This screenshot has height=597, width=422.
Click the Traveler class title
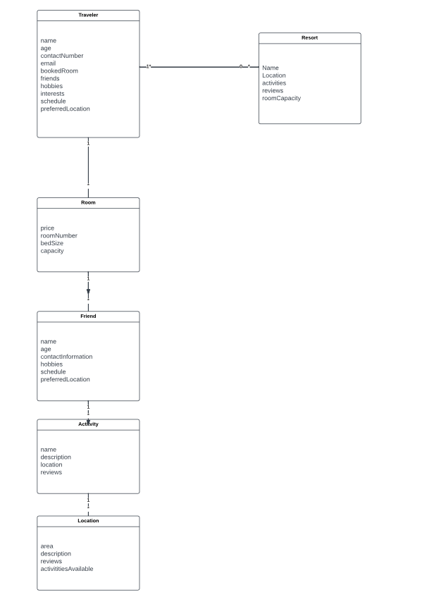click(x=88, y=15)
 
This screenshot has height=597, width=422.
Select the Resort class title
click(x=309, y=37)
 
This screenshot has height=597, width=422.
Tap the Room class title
click(x=88, y=202)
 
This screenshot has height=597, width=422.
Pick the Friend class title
click(x=88, y=316)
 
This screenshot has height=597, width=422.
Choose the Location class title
click(x=88, y=521)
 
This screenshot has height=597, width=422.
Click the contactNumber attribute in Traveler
click(x=62, y=56)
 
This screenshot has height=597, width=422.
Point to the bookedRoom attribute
click(x=59, y=71)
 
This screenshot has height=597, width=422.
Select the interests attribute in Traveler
click(x=52, y=94)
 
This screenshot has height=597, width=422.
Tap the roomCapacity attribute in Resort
click(x=281, y=98)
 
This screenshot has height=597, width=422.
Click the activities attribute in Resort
click(x=274, y=83)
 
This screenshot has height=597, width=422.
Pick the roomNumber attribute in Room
click(x=58, y=236)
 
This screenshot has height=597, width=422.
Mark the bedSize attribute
click(x=51, y=243)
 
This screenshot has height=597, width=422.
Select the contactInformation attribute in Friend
click(x=66, y=357)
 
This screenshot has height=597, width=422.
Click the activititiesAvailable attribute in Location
click(x=67, y=569)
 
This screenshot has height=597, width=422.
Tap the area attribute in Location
click(x=46, y=546)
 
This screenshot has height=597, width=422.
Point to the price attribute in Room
click(x=47, y=228)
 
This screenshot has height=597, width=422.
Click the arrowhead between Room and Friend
click(x=88, y=290)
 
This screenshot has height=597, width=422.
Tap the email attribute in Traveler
click(x=48, y=63)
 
